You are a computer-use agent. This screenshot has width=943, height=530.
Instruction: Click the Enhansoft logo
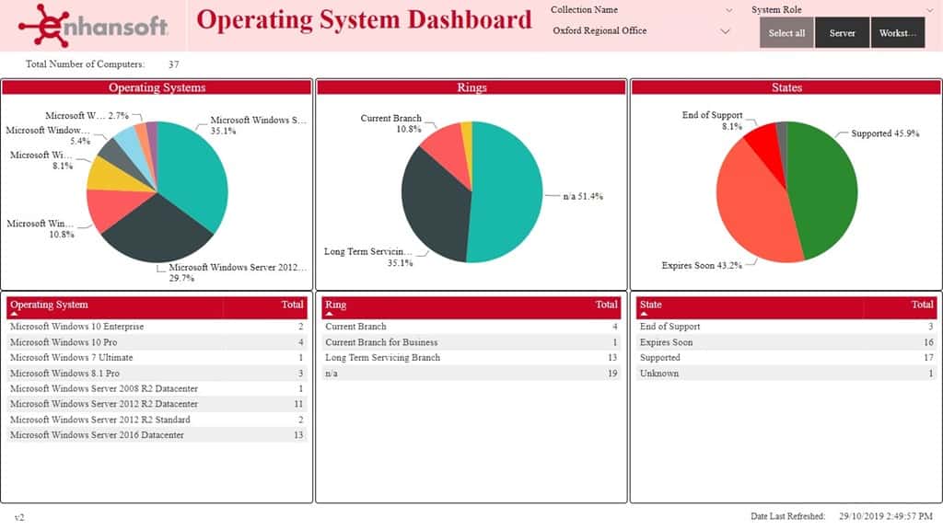[x=93, y=25]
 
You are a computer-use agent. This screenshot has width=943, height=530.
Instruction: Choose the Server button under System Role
[x=842, y=33]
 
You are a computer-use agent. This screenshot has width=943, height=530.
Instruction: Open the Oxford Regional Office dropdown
[x=641, y=31]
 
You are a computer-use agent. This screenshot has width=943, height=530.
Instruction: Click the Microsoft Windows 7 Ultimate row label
[x=71, y=358]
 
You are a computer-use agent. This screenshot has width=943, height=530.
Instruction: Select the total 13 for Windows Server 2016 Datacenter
[x=297, y=435]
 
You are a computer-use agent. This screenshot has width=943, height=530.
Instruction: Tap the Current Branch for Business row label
[x=381, y=342]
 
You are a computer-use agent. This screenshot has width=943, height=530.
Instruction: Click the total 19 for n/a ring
[x=611, y=374]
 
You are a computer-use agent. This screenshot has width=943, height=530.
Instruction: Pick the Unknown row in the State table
[x=659, y=374]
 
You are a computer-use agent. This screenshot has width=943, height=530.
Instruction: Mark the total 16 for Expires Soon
[x=927, y=342]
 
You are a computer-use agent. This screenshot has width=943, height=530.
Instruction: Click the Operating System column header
[x=50, y=305]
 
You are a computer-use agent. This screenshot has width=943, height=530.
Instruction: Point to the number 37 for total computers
[x=174, y=64]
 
